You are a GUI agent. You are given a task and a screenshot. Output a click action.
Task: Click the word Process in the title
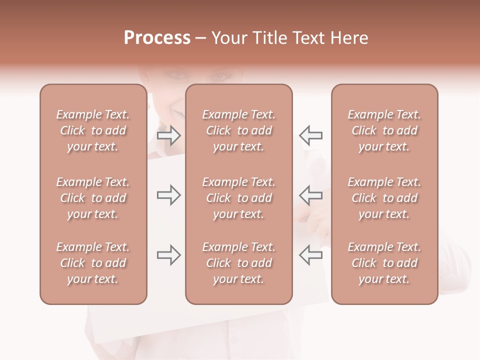[x=157, y=38]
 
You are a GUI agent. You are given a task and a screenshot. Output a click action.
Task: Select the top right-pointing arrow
[x=169, y=135]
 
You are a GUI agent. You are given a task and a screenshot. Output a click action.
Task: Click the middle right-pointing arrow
[x=169, y=195]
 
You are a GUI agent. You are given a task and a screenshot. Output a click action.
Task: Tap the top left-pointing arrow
[x=310, y=135]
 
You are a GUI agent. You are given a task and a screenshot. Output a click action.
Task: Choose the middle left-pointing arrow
[x=310, y=195]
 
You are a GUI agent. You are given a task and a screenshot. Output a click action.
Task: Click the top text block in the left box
[x=93, y=130]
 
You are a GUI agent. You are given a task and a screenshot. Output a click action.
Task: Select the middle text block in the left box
[x=93, y=198]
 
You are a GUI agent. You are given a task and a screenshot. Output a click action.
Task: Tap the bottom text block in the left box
[x=93, y=263]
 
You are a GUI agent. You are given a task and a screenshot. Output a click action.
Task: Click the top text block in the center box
[x=239, y=130]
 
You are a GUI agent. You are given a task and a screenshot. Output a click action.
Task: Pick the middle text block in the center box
[x=239, y=198]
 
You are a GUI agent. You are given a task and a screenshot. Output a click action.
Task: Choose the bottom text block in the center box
[x=239, y=263]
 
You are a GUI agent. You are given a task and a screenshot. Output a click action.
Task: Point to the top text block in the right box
[x=384, y=130]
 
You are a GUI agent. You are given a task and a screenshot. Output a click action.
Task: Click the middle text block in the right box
[x=384, y=198]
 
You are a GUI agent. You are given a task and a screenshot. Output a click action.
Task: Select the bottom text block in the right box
[x=384, y=263]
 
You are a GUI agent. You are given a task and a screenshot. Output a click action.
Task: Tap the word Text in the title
[x=309, y=38]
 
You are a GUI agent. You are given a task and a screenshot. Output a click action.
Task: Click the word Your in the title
[x=228, y=38]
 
